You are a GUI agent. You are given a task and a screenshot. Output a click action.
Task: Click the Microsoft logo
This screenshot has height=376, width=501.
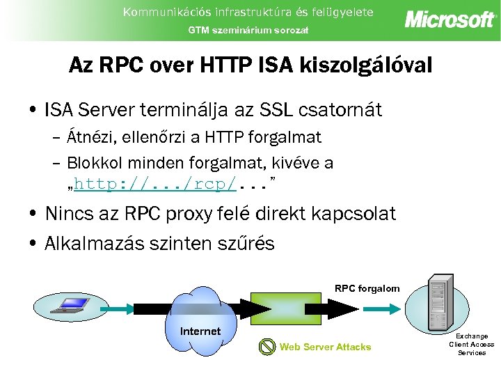pyautogui.click(x=450, y=19)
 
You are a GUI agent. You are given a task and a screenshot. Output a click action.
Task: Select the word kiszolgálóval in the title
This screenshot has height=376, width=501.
pyautogui.click(x=365, y=66)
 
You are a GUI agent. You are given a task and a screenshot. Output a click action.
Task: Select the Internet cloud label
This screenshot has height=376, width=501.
pyautogui.click(x=200, y=331)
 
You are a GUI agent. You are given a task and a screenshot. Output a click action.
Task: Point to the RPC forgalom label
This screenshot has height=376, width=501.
pyautogui.click(x=367, y=288)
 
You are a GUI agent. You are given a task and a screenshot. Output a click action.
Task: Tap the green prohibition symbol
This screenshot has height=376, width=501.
pyautogui.click(x=267, y=346)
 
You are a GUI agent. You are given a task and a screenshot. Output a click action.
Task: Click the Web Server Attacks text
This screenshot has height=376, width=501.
pyautogui.click(x=325, y=347)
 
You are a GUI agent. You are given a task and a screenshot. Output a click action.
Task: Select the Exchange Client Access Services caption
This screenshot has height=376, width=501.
pyautogui.click(x=471, y=344)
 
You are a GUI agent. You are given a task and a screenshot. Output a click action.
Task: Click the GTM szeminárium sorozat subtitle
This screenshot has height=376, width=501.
pyautogui.click(x=249, y=30)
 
